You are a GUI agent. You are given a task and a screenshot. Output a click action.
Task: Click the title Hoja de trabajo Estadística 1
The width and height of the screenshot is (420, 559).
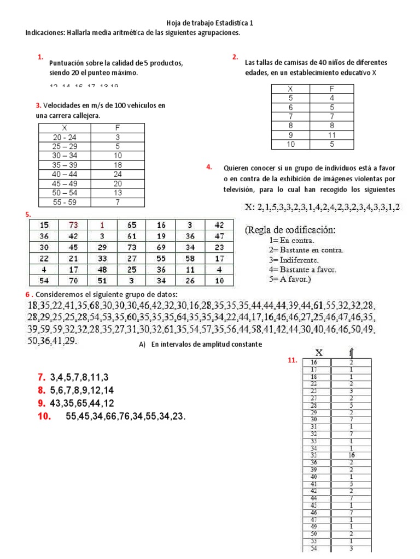tap(210, 23)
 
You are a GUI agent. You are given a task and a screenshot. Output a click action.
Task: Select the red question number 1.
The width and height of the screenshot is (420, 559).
tap(40, 57)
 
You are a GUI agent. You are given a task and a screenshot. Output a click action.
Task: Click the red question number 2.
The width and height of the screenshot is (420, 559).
tap(235, 57)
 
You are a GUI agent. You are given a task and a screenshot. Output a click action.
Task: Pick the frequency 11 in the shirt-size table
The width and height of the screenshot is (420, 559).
tap(331, 135)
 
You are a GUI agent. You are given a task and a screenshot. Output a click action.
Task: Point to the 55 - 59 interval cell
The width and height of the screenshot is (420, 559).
tap(65, 203)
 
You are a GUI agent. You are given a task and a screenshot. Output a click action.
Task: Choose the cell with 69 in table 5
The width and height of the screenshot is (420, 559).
tap(161, 247)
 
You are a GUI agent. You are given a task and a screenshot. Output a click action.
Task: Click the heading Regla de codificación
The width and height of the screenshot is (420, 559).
tap(290, 230)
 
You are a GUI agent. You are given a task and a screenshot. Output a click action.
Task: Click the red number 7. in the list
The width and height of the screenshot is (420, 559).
tap(41, 377)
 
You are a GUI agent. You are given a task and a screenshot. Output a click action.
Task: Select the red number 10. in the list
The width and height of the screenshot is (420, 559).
tap(44, 417)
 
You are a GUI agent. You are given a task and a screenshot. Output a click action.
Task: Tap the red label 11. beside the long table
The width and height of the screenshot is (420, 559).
tap(292, 360)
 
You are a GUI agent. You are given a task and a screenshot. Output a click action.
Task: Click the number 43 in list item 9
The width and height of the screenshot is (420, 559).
tap(55, 404)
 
